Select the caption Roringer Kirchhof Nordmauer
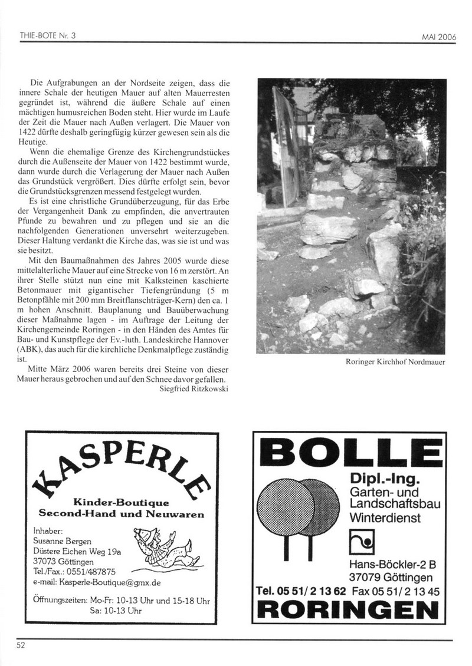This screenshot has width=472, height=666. (395, 362)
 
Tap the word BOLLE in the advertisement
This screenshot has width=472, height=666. (352, 453)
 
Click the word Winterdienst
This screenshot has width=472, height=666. (384, 518)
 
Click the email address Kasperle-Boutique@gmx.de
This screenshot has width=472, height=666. (98, 582)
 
